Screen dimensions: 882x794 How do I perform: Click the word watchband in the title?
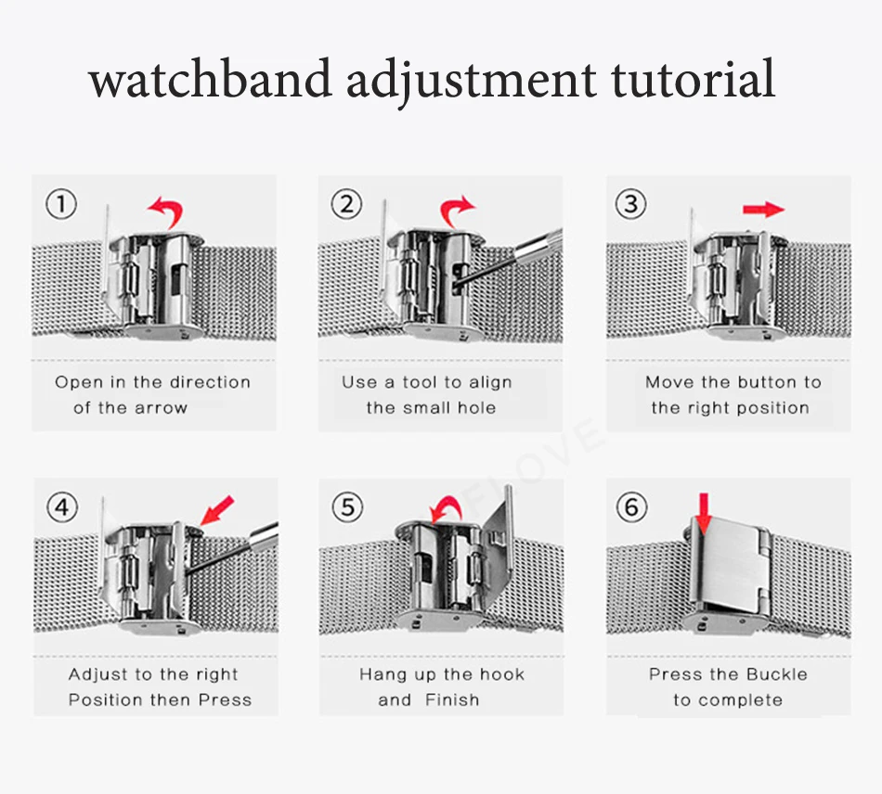(210, 79)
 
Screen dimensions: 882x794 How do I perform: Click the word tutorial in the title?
(693, 79)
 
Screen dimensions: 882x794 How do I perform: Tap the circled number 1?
(60, 204)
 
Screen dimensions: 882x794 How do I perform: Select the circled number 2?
(346, 204)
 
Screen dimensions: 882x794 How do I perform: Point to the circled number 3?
(631, 204)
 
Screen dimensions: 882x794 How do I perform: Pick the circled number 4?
(62, 507)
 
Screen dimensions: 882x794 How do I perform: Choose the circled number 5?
(347, 507)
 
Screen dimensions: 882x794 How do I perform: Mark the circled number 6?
(631, 506)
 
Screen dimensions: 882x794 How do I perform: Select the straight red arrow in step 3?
(763, 211)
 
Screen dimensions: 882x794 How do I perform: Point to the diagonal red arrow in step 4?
(217, 510)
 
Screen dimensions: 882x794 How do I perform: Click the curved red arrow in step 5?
(445, 507)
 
